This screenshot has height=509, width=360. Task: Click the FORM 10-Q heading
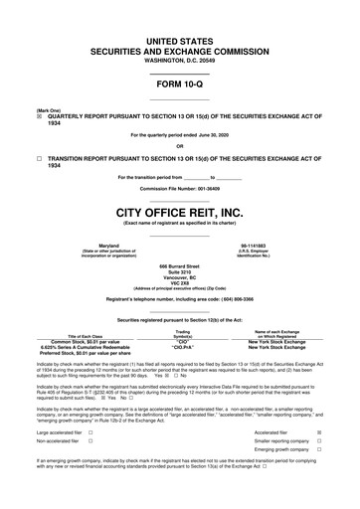pyautogui.click(x=179, y=84)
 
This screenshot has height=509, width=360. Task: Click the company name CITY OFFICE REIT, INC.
pyautogui.click(x=179, y=212)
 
